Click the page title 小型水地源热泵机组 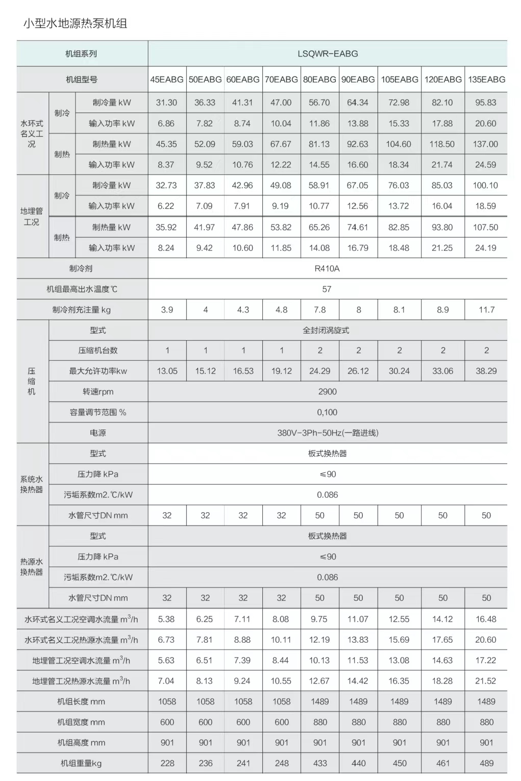[x=75, y=23]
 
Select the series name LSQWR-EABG [x=328, y=54]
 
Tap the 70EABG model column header [x=281, y=80]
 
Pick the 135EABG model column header [x=486, y=80]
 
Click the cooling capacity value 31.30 [x=166, y=103]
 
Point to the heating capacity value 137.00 [x=485, y=144]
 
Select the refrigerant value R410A [x=327, y=268]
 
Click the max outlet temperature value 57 [x=327, y=289]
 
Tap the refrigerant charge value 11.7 [x=486, y=310]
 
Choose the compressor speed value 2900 [x=327, y=392]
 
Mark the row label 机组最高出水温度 [x=82, y=289]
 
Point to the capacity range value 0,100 [x=327, y=412]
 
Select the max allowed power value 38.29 [x=486, y=371]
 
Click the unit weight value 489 [x=486, y=764]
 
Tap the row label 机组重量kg [x=81, y=764]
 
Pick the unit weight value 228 [x=167, y=764]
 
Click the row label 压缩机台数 [x=98, y=350]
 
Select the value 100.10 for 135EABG [x=485, y=186]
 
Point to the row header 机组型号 [x=82, y=80]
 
